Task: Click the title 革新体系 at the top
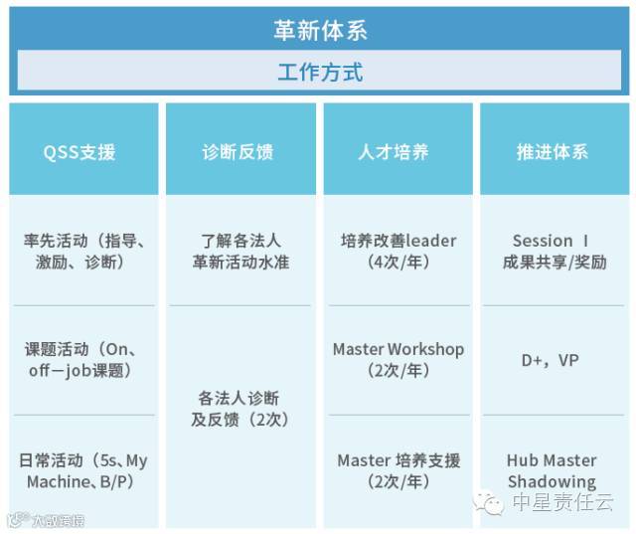pyautogui.click(x=320, y=31)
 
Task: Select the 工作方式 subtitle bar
pyautogui.click(x=319, y=71)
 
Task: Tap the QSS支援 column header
pyautogui.click(x=83, y=148)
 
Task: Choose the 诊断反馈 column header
pyautogui.click(x=240, y=148)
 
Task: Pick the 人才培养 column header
pyautogui.click(x=397, y=148)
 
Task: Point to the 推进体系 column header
pyautogui.click(x=555, y=148)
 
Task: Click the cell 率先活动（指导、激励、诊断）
pyautogui.click(x=83, y=252)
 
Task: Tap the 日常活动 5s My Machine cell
pyautogui.click(x=82, y=471)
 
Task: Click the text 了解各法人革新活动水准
pyautogui.click(x=240, y=252)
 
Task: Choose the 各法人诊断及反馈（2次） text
pyautogui.click(x=239, y=409)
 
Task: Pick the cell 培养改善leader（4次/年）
pyautogui.click(x=398, y=252)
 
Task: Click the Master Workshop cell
pyautogui.click(x=398, y=360)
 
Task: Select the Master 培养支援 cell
pyautogui.click(x=398, y=471)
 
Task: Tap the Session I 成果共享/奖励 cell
pyautogui.click(x=555, y=252)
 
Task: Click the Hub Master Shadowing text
pyautogui.click(x=552, y=471)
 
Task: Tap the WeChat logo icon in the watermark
pyautogui.click(x=488, y=502)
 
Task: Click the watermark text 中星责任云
pyautogui.click(x=563, y=502)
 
